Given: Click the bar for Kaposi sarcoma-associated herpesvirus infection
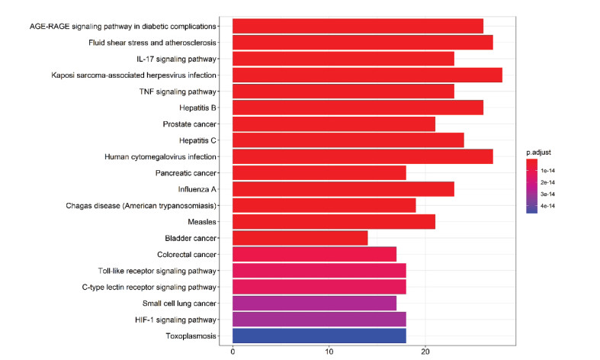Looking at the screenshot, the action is (367, 75).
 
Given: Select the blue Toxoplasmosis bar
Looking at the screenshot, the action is (319, 336).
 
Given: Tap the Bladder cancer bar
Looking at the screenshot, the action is (300, 238).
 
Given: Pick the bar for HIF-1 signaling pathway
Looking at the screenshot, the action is (319, 320).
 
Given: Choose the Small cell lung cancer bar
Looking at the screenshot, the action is (315, 304).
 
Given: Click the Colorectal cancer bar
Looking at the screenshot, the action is (315, 254).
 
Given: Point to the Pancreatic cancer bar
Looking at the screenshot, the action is (319, 172).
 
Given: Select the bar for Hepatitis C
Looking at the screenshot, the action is (348, 140).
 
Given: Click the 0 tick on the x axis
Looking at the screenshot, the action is (233, 352).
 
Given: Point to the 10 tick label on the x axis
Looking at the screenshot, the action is (329, 352).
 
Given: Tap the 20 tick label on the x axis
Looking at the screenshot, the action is (425, 352).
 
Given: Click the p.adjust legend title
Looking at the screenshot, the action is (538, 153).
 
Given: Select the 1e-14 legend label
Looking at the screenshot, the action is (547, 171).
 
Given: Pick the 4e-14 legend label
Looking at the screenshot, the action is (547, 206).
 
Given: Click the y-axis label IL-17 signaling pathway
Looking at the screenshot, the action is (176, 59).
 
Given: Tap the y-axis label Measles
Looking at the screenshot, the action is (202, 222).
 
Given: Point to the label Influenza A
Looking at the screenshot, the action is (197, 189).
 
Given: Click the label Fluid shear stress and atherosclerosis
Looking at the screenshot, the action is (152, 43).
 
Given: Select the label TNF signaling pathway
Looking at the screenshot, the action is (178, 92).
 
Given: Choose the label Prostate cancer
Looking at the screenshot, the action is (190, 124).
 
